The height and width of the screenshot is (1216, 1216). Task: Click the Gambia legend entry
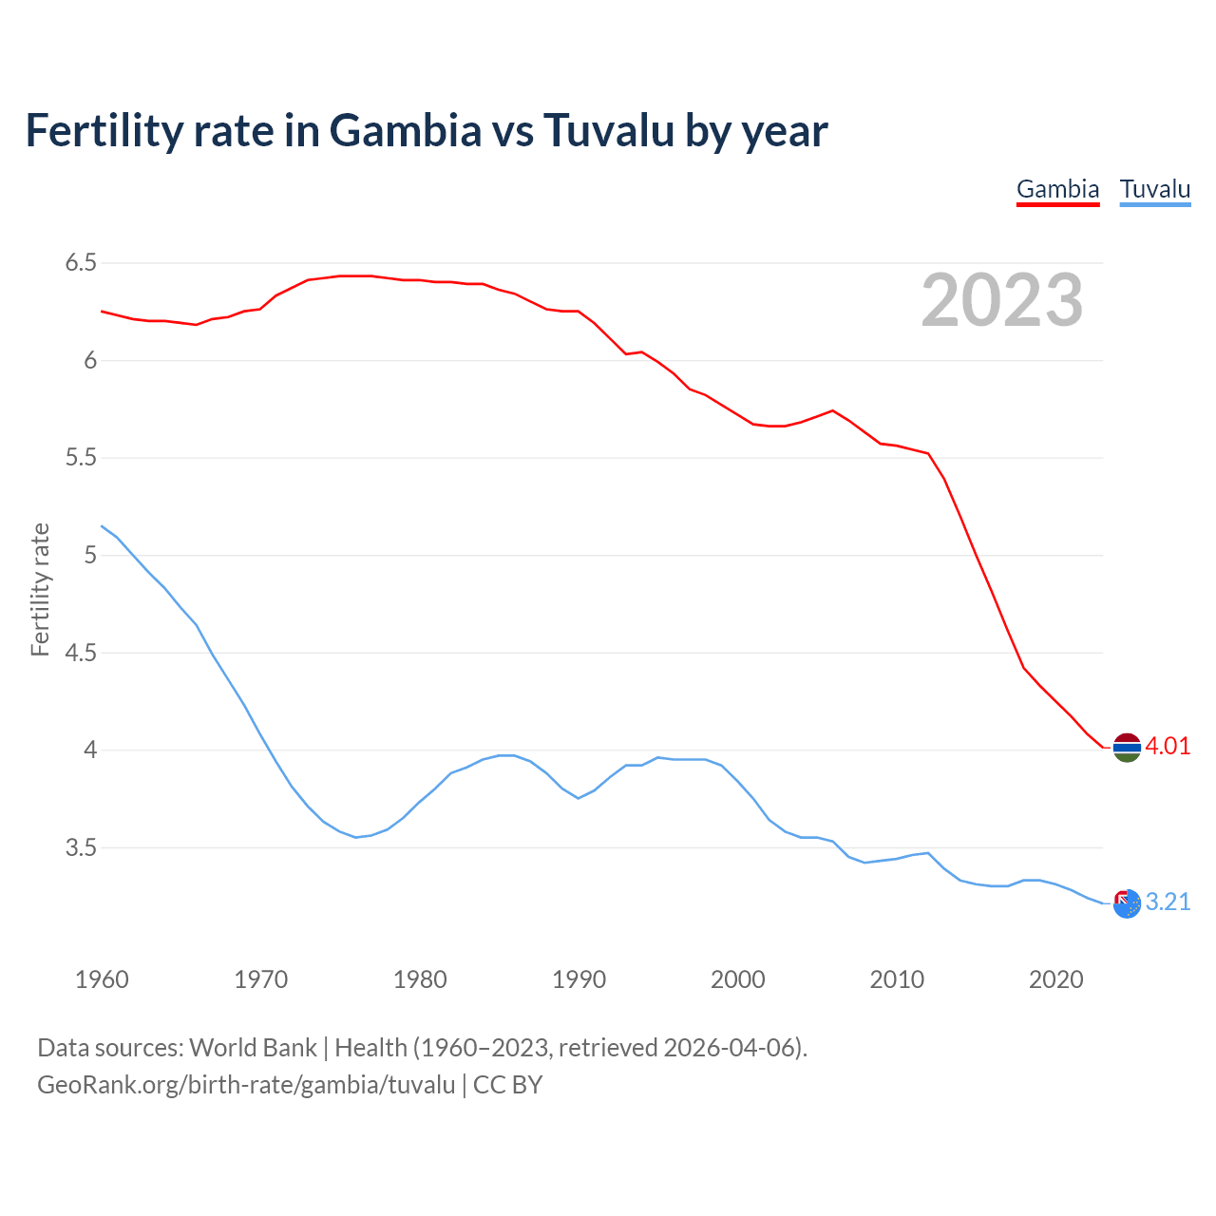tap(1057, 189)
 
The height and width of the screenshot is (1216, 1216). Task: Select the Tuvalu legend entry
tap(1154, 189)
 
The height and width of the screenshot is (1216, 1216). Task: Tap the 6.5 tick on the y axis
tap(81, 263)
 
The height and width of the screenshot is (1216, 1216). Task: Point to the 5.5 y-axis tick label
tap(81, 458)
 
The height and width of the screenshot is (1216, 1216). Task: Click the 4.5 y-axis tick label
tap(81, 653)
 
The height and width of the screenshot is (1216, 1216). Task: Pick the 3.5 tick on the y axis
tap(81, 847)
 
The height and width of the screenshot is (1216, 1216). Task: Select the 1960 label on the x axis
tap(102, 979)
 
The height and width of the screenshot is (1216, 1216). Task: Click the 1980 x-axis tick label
tap(420, 979)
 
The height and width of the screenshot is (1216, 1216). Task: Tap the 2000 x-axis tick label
tap(737, 979)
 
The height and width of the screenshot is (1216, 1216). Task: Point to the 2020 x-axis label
tap(1055, 979)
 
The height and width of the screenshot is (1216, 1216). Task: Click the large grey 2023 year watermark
tap(1001, 300)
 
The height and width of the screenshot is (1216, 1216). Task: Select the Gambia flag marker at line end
tap(1127, 748)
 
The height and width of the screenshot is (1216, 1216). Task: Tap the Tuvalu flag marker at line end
tap(1127, 903)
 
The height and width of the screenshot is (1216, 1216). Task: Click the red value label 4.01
tap(1168, 747)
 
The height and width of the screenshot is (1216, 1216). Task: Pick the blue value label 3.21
tap(1168, 902)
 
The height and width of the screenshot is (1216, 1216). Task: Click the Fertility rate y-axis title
tap(40, 589)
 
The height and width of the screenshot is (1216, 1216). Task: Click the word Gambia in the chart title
tap(406, 130)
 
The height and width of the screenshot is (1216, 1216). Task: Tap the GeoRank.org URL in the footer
tap(246, 1085)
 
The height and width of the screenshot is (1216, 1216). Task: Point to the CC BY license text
tap(507, 1085)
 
